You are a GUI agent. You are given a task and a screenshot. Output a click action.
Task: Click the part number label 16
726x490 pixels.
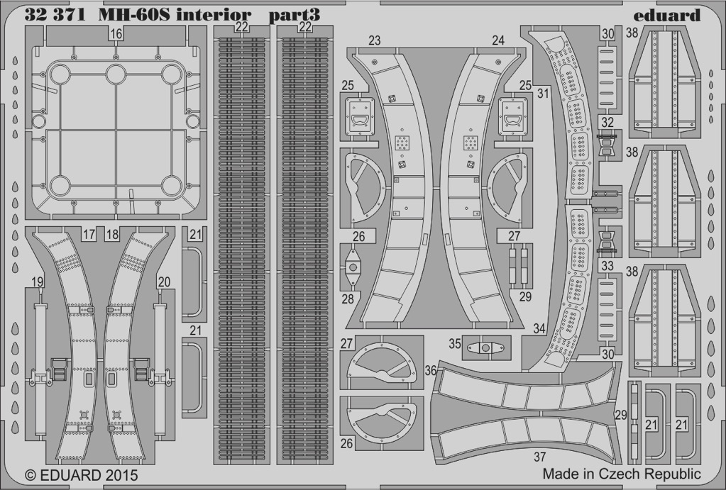tap(116, 34)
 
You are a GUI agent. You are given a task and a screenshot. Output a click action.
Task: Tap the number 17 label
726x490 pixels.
tap(89, 234)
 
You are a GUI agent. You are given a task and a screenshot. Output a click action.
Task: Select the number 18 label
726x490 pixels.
tap(112, 234)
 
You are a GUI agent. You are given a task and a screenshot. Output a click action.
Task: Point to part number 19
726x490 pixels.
tap(38, 282)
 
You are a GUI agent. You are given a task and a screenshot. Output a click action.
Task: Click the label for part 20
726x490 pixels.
tap(163, 282)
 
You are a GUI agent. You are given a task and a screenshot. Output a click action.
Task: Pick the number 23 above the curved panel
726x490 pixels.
tap(375, 40)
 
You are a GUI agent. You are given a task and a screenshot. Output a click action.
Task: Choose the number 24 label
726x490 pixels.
tap(498, 40)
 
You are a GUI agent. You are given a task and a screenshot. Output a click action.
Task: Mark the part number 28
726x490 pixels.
tap(348, 299)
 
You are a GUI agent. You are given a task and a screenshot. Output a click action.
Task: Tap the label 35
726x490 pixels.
tap(455, 345)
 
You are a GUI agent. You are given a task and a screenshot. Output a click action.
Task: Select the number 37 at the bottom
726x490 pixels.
tap(540, 457)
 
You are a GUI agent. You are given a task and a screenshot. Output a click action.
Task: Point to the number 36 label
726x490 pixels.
tap(431, 370)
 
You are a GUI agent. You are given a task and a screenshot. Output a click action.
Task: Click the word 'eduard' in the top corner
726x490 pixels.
tap(666, 16)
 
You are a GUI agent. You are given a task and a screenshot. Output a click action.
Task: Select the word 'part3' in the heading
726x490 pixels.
tap(294, 16)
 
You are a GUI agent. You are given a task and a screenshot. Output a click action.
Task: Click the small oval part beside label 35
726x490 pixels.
tap(485, 348)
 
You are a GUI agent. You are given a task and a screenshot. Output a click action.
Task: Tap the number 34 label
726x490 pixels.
tap(539, 329)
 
